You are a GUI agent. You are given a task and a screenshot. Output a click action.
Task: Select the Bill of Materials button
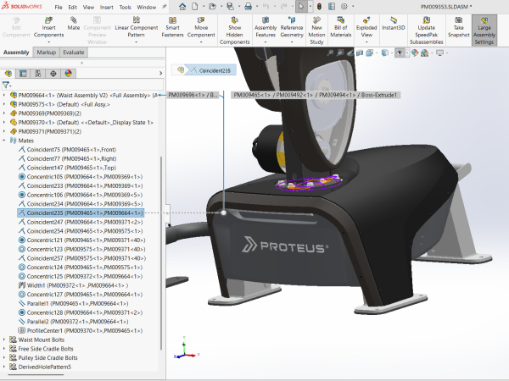344,30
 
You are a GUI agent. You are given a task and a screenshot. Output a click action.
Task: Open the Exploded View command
366,30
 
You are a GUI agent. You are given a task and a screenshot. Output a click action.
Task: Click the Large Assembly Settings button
484,30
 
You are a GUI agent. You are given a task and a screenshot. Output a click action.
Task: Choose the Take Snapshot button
457,30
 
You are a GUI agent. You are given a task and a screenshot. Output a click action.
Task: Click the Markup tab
46,52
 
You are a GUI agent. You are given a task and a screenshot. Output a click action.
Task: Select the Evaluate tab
73,52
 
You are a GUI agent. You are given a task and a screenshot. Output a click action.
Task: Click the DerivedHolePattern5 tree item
45,367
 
